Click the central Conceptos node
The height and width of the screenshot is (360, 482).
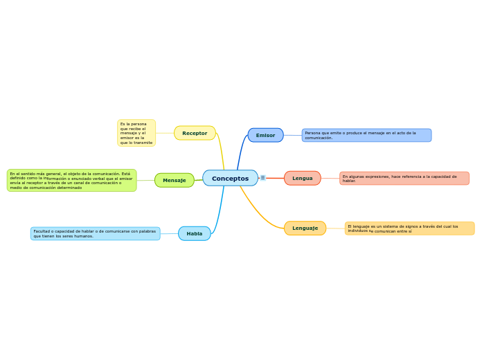click(230, 178)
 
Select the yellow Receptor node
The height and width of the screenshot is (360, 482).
click(195, 133)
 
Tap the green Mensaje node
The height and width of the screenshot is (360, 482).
click(174, 180)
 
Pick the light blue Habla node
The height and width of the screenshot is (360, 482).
click(194, 233)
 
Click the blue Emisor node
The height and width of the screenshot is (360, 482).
click(265, 135)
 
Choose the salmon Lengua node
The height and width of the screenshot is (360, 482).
click(302, 178)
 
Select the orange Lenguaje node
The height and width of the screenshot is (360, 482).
click(305, 228)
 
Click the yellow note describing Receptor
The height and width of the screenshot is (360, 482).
click(136, 133)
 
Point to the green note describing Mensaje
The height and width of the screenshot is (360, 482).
click(71, 181)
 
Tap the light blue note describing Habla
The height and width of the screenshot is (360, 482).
click(95, 233)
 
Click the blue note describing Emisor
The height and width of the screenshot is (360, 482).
click(366, 135)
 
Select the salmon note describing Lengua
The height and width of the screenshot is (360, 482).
click(404, 178)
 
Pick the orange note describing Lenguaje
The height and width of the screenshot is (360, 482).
click(409, 228)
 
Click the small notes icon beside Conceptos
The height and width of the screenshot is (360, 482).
click(262, 178)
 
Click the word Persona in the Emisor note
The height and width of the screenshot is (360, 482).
click(312, 133)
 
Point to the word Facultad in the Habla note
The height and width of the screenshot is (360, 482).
click(42, 231)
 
